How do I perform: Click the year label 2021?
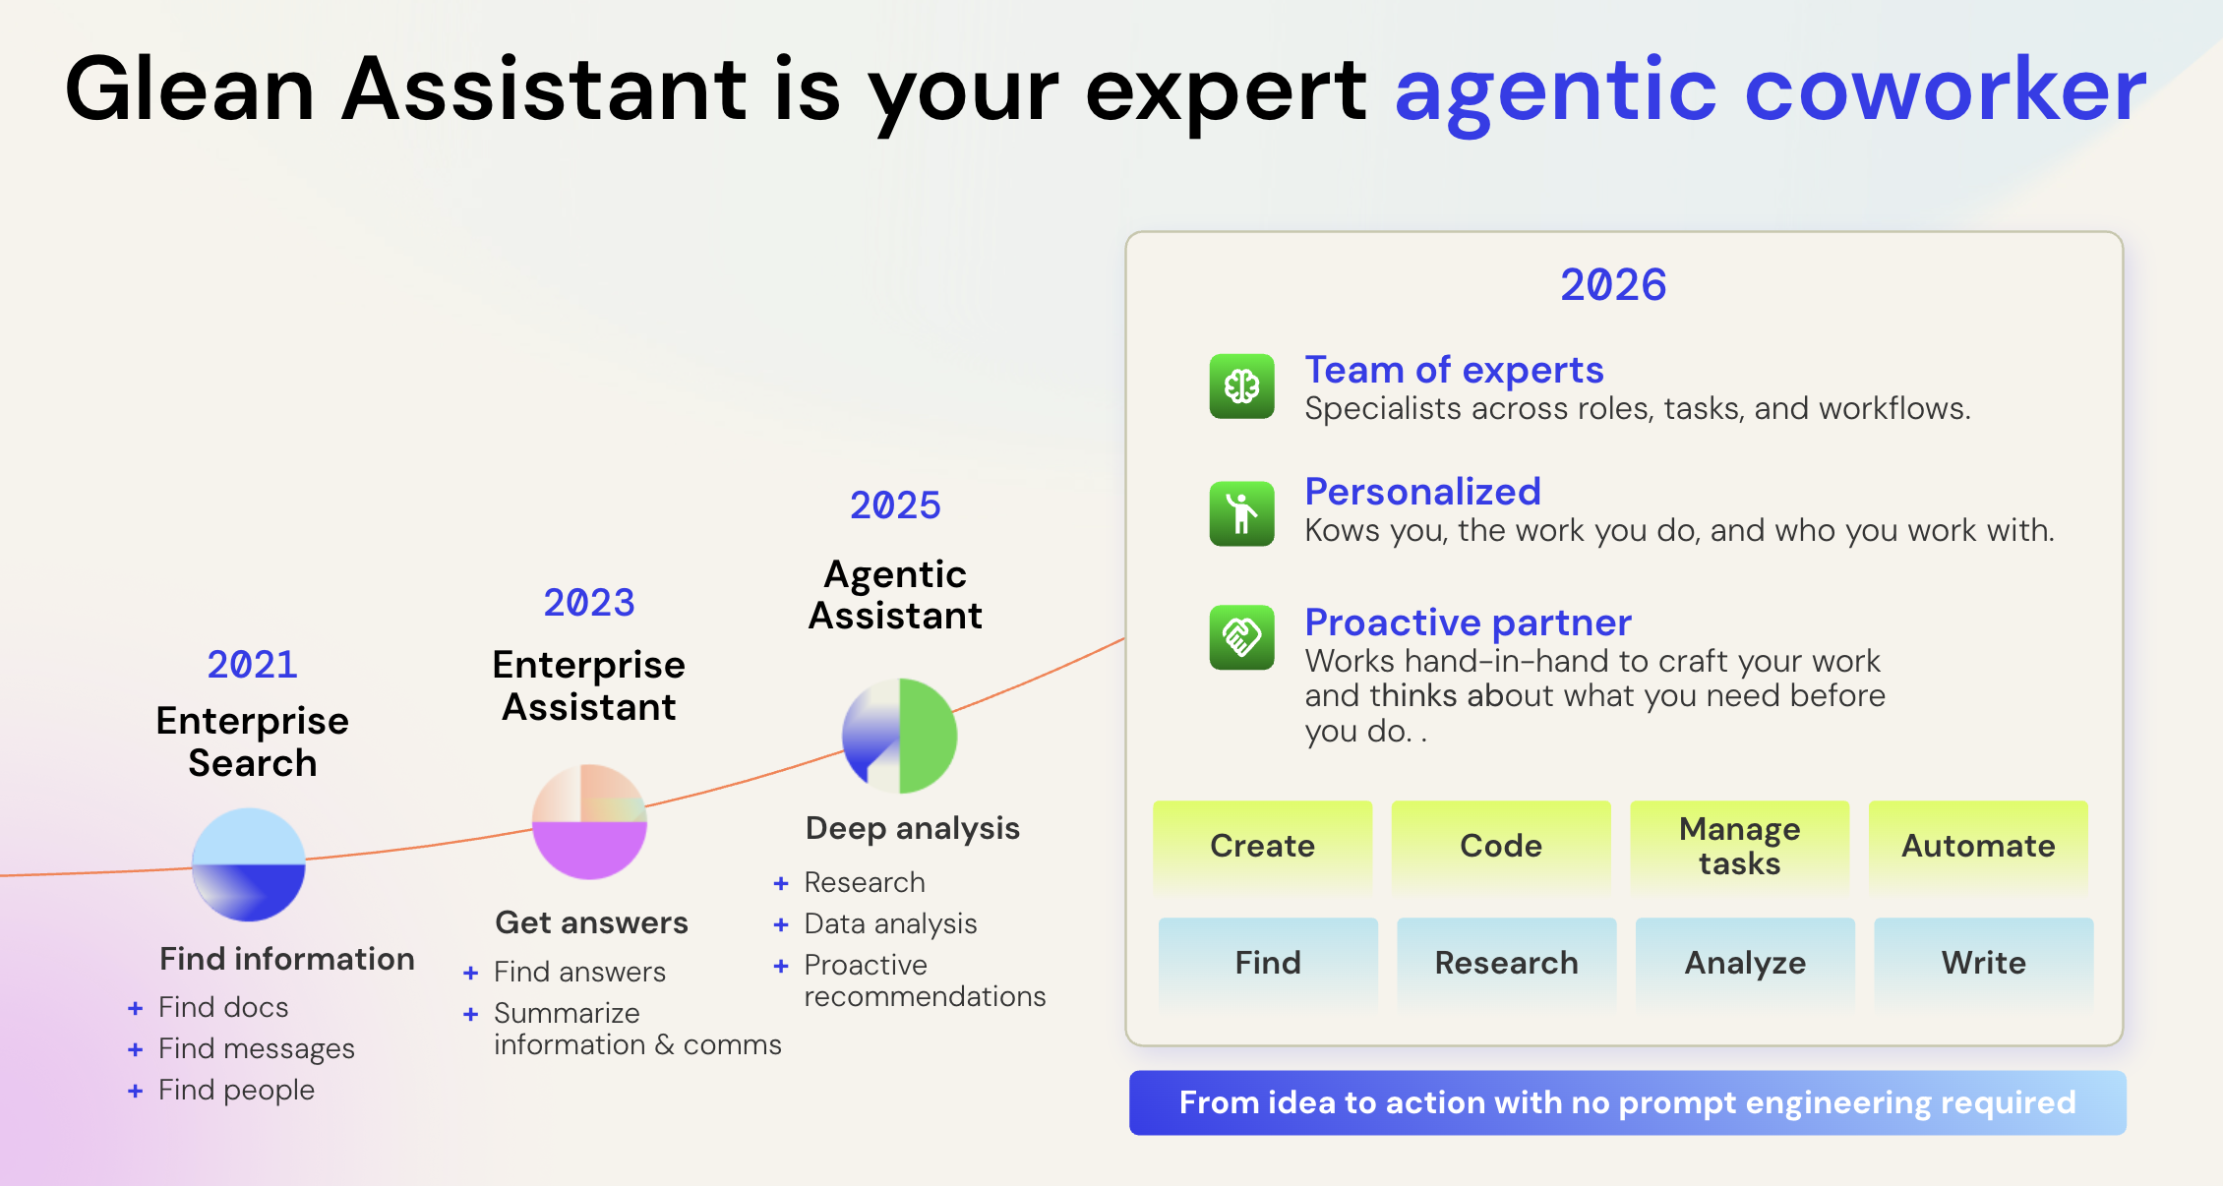[x=252, y=665]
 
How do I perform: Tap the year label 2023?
[x=588, y=603]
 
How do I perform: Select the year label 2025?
[x=895, y=505]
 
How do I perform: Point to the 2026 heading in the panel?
[x=1613, y=285]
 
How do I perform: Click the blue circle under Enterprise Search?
[x=249, y=864]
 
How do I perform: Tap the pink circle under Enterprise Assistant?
[x=589, y=822]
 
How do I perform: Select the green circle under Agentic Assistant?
[x=900, y=736]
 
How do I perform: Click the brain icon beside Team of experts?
[x=1241, y=386]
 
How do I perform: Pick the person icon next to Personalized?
[x=1241, y=513]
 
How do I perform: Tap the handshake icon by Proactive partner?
[x=1241, y=637]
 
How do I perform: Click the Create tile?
[x=1262, y=846]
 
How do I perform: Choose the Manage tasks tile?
[x=1739, y=846]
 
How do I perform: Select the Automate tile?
[x=1978, y=846]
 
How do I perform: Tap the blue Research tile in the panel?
[x=1506, y=963]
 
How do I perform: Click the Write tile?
[x=1983, y=963]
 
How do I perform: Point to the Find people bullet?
[x=236, y=1090]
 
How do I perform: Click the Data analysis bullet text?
[x=890, y=923]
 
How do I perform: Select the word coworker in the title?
[x=1945, y=89]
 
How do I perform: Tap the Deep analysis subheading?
[x=912, y=828]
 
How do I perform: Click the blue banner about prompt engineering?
[x=1627, y=1102]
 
